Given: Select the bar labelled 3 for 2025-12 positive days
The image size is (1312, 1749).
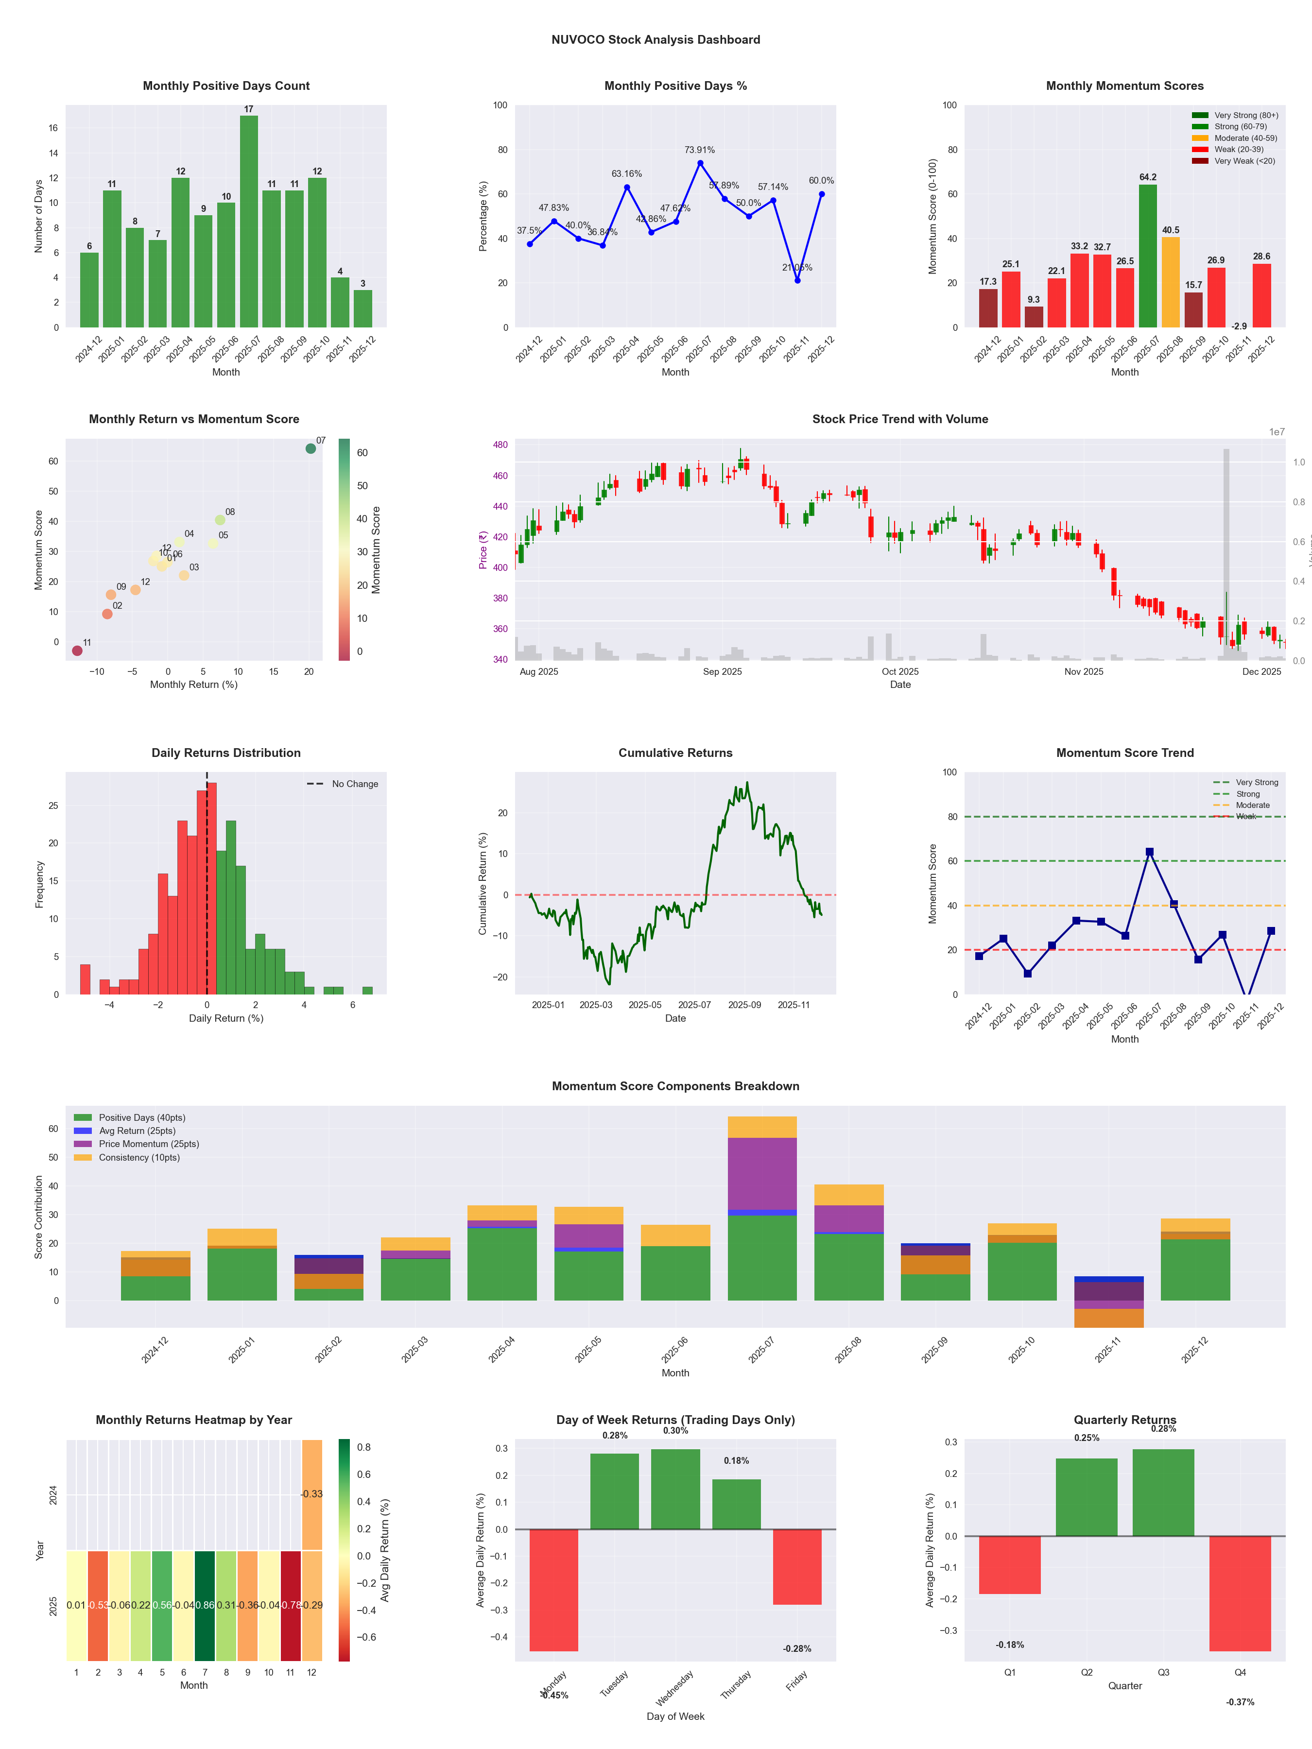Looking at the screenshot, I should point(363,309).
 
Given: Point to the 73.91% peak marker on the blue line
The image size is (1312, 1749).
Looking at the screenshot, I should point(700,164).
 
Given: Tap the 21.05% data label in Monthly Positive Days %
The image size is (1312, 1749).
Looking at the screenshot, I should point(797,267).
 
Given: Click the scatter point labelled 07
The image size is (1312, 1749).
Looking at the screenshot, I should point(311,448).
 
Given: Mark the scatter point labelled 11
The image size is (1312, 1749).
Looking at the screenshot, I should point(77,651).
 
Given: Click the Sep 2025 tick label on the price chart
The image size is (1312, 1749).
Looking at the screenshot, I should point(722,672).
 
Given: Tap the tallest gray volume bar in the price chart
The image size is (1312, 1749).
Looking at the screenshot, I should point(1226,553).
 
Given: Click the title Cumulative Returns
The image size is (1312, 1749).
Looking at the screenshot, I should point(675,753).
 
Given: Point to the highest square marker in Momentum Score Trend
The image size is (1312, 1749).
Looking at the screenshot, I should point(1149,852).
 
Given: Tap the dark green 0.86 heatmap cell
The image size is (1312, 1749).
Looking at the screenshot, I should point(205,1605).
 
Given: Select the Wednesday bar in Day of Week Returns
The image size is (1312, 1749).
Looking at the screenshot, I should point(675,1489).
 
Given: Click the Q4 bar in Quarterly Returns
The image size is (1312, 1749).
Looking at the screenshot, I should point(1240,1593).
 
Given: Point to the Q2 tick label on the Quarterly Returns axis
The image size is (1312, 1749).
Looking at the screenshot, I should point(1087,1672).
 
